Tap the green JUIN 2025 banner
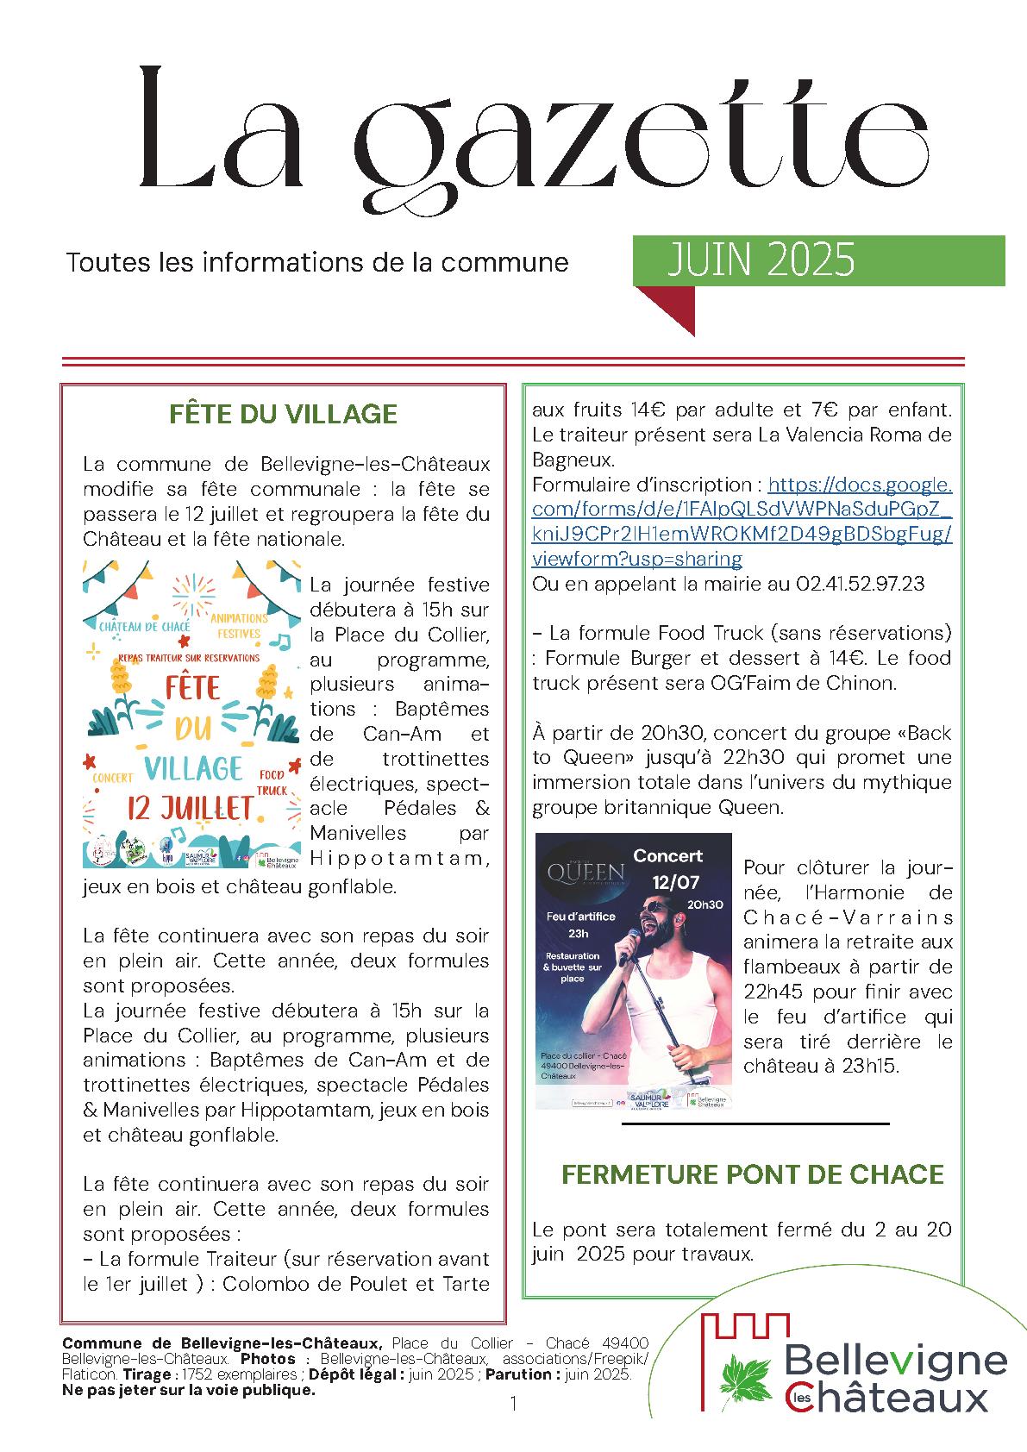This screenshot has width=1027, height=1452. click(x=819, y=260)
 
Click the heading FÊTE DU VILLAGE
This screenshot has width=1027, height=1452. click(x=283, y=414)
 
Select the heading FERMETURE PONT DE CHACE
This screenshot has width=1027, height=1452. click(x=753, y=1173)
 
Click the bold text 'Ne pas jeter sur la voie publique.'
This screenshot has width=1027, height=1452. click(x=189, y=1390)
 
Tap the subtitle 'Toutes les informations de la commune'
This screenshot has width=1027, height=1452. click(x=317, y=262)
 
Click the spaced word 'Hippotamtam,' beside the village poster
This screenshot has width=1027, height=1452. click(x=399, y=859)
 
